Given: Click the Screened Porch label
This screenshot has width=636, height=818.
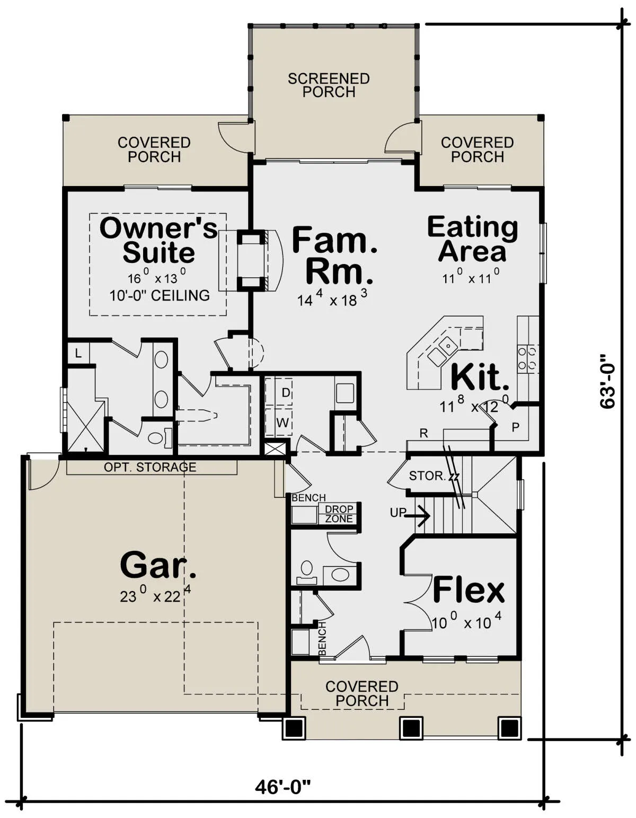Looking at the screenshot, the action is [329, 85].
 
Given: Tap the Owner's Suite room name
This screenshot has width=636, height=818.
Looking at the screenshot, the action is [158, 240].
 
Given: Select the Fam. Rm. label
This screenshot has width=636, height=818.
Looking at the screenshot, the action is [335, 255].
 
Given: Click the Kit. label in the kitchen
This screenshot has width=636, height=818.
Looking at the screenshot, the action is [480, 377].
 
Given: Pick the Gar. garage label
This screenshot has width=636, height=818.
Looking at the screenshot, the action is [158, 565].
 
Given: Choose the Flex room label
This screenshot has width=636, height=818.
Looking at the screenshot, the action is [469, 591].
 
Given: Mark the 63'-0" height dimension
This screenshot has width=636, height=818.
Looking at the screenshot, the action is [607, 381].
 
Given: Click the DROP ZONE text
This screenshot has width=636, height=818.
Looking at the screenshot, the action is [339, 514].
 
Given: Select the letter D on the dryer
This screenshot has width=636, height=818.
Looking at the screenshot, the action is [286, 393].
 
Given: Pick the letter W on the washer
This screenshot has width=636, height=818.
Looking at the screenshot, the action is [282, 423].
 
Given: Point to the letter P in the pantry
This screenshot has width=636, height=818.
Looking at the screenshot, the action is [516, 427].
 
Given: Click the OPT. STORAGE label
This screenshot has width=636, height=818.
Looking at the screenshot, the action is [150, 467].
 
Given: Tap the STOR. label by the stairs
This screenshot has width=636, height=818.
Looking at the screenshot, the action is [427, 476].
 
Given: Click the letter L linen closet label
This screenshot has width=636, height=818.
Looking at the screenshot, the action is [78, 354].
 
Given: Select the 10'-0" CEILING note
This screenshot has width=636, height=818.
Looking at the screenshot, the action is [160, 295].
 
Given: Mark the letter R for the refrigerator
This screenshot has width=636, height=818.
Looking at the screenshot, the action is [424, 434].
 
